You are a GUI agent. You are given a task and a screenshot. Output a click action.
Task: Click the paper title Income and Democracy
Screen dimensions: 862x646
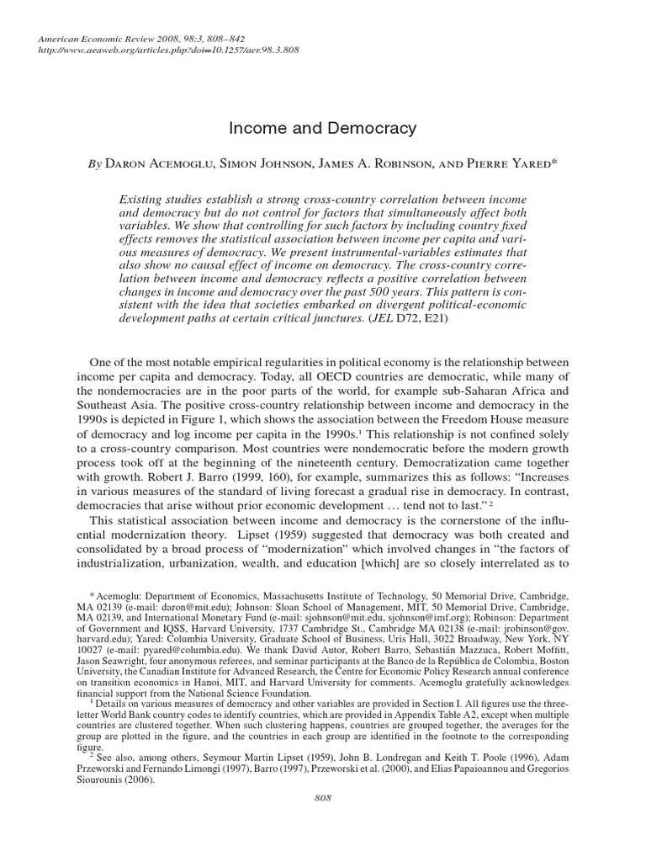click(323, 129)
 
